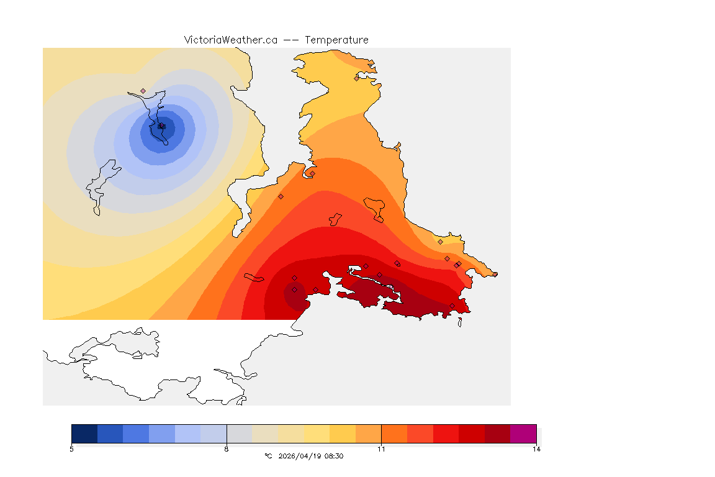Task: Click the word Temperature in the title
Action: [336, 40]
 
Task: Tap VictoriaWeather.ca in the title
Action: [230, 40]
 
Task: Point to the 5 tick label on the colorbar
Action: [71, 449]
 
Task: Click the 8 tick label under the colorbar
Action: [227, 449]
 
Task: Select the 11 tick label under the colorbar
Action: [381, 449]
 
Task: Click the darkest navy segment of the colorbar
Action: [84, 433]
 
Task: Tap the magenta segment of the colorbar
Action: [523, 433]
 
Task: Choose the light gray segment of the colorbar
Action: [240, 433]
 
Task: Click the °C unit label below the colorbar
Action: [268, 456]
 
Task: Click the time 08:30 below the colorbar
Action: [333, 456]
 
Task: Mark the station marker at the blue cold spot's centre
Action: [161, 126]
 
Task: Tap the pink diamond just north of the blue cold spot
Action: [143, 91]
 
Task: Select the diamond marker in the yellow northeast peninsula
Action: [356, 78]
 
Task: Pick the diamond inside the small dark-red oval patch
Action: [294, 289]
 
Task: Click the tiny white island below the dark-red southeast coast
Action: [460, 322]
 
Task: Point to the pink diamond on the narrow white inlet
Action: [312, 173]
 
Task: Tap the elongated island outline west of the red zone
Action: [255, 278]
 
